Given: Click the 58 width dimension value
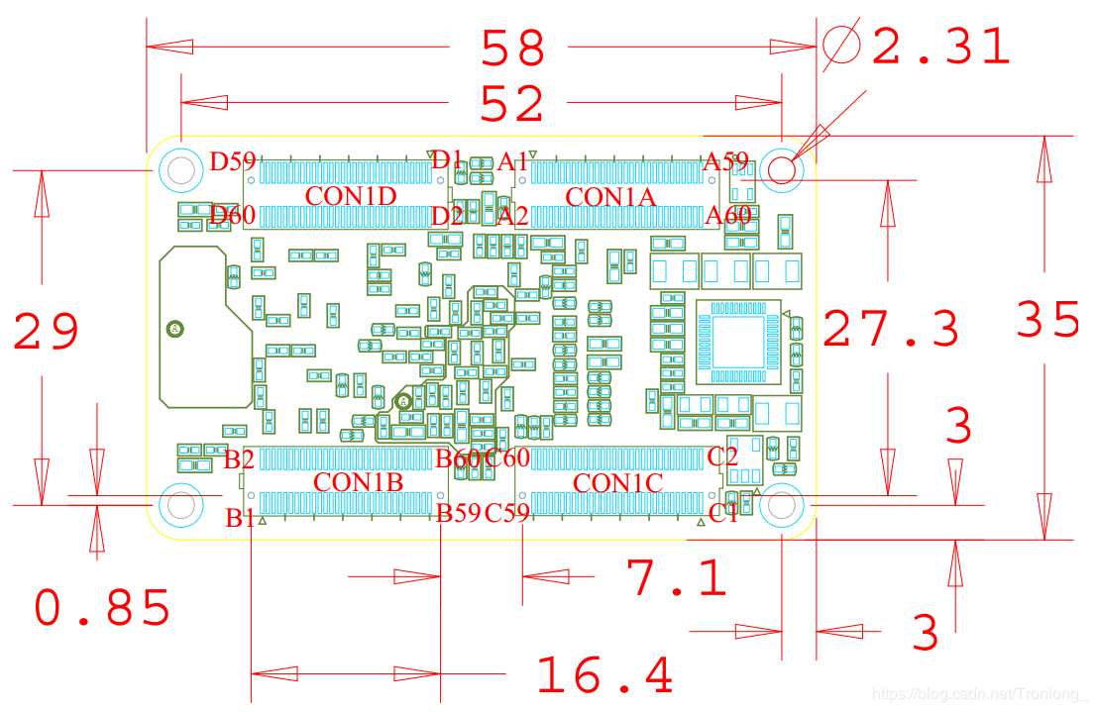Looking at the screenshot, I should [513, 47].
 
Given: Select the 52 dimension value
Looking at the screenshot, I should [513, 103].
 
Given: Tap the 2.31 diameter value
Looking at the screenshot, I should [940, 47].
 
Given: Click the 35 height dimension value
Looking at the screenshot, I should [1048, 320].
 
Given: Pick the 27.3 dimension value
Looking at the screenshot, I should [891, 329].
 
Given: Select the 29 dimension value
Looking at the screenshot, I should [46, 332].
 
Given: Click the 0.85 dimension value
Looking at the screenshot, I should [103, 607].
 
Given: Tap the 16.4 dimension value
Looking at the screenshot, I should [604, 675].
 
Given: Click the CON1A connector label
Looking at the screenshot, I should [610, 197].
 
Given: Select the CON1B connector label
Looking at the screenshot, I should [358, 482].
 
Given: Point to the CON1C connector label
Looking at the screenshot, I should [618, 483].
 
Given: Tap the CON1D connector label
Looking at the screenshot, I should [351, 196].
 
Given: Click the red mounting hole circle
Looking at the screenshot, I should [782, 169].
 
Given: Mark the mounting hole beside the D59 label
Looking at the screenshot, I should [181, 169].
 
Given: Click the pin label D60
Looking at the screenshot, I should [233, 215].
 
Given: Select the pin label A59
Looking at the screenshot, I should [725, 161].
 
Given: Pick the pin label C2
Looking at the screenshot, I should [722, 457].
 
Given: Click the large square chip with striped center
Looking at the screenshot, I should [738, 342].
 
